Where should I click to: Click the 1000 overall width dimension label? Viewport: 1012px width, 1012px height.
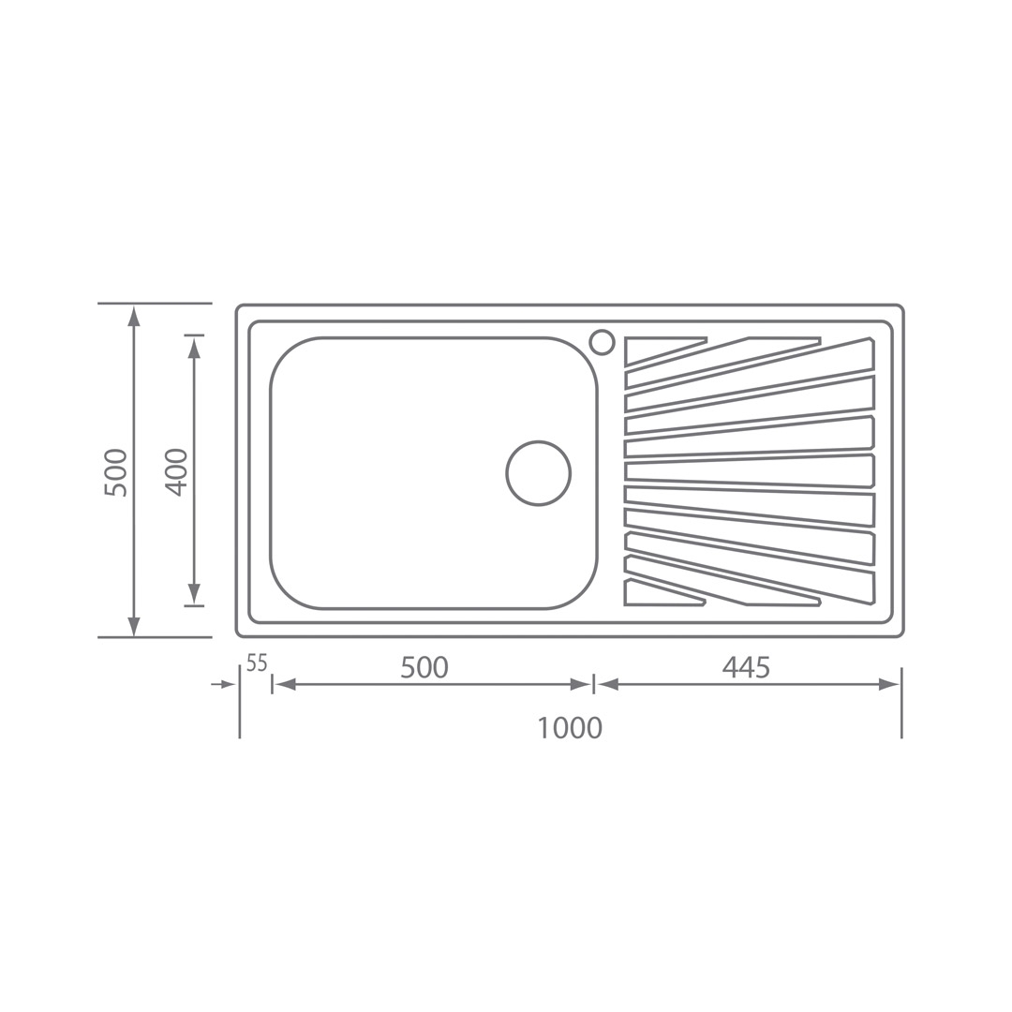click(570, 728)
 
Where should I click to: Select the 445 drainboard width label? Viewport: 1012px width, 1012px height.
click(746, 667)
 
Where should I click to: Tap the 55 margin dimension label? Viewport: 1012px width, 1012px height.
click(257, 662)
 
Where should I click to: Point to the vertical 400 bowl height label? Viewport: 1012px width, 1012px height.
click(176, 471)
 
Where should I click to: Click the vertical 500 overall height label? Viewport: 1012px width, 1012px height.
click(116, 471)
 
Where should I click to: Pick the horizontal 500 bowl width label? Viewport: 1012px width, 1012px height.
click(424, 667)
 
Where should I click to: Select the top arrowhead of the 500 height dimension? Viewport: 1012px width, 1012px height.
click(133, 317)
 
